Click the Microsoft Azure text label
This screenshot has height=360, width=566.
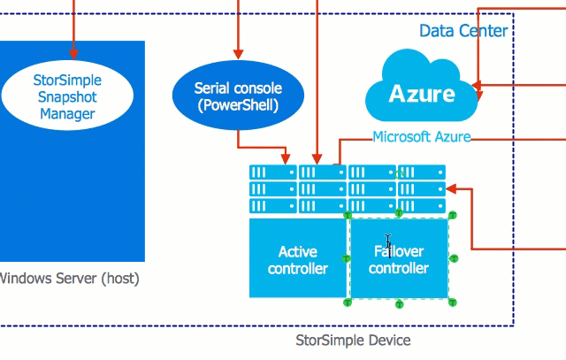click(421, 137)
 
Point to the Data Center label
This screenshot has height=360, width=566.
click(463, 31)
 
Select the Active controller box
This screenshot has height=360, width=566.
click(297, 258)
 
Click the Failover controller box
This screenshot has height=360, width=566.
click(399, 258)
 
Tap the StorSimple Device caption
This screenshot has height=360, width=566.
click(352, 340)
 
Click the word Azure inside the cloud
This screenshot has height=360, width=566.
click(422, 94)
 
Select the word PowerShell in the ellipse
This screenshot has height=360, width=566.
click(239, 106)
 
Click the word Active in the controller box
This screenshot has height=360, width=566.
click(297, 251)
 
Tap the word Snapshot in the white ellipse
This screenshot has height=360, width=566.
click(67, 97)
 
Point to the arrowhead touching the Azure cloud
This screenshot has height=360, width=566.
click(477, 88)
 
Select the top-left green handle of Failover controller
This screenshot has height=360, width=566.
click(348, 215)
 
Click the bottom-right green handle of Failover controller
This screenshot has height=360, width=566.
click(454, 303)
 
